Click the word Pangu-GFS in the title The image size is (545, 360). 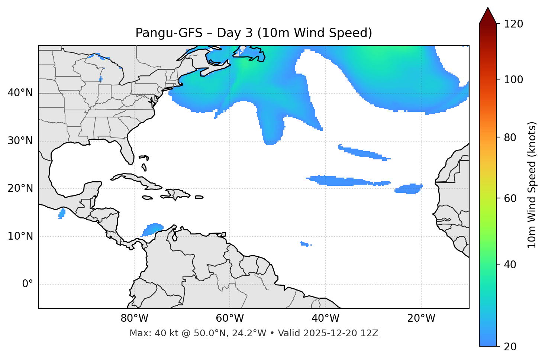point(169,33)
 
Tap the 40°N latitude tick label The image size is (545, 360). point(20,93)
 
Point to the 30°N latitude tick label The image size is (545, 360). point(20,141)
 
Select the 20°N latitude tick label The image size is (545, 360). point(20,188)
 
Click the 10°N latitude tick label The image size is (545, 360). point(20,236)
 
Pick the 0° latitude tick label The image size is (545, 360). point(28,284)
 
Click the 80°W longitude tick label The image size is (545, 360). point(134,318)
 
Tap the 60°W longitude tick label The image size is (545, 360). point(230,318)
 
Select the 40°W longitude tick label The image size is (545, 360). point(325,318)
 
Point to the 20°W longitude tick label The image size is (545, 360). point(421,318)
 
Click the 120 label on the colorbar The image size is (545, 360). point(514,24)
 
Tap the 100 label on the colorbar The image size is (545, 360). point(514,80)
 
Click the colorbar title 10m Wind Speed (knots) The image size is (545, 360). point(532,185)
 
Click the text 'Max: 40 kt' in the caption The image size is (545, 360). point(146,333)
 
